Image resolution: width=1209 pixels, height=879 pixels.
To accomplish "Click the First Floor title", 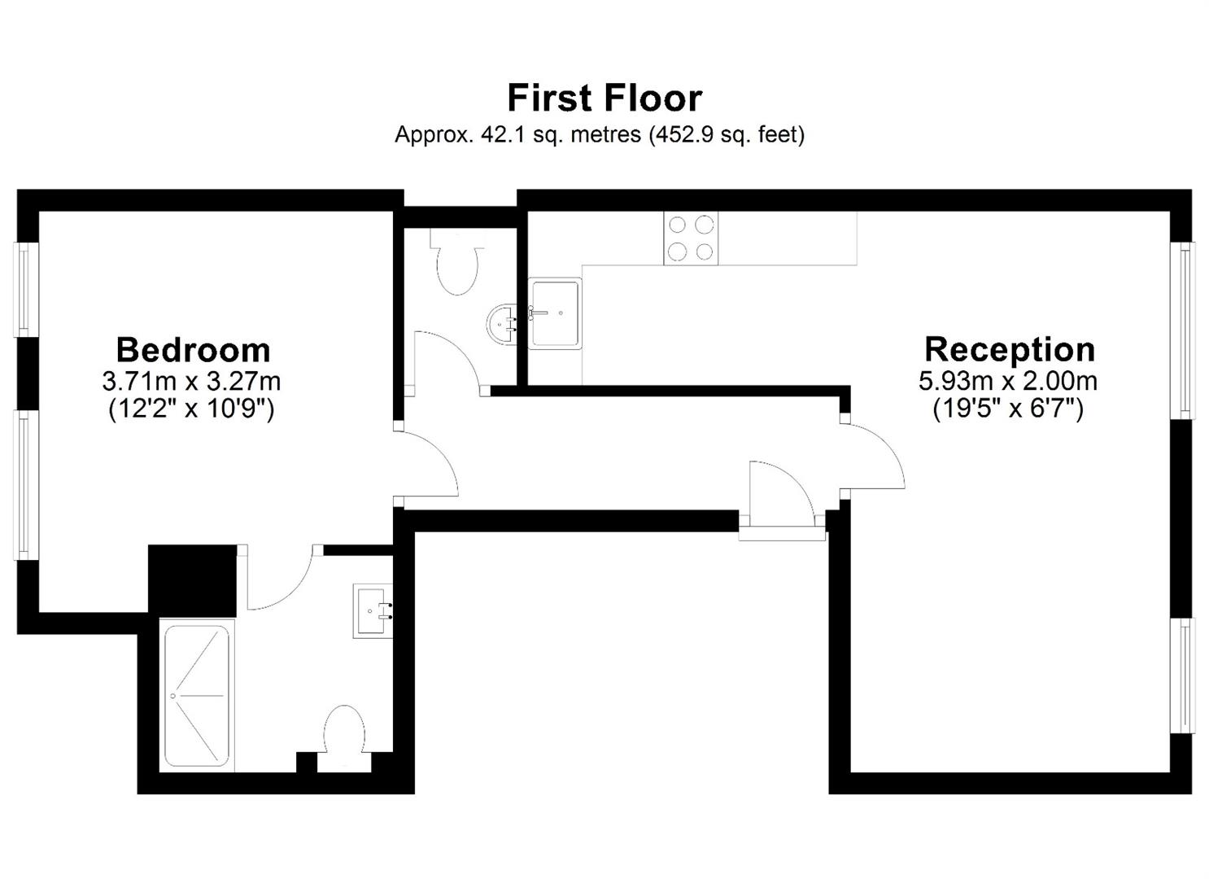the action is pos(604,98).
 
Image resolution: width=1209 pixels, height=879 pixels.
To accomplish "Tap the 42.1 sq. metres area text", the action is pos(561,134).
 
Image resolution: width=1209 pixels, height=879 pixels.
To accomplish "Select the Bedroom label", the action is pos(193,350).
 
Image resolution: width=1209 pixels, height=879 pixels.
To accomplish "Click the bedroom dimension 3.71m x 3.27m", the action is pos(192,382).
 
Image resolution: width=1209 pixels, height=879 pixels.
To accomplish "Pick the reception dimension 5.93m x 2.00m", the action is pos(1008,381).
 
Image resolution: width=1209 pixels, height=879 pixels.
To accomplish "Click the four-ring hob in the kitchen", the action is pos(691,238).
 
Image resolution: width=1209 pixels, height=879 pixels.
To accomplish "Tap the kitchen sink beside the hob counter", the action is pos(555,313).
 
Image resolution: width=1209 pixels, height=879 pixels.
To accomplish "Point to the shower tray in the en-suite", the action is pos(197,696).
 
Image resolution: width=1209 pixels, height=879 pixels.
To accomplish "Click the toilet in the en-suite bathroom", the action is pos(344,739).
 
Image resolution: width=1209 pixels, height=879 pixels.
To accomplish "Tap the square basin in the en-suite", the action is pos(373,611).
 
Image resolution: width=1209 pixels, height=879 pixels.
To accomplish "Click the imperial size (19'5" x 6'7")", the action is pos(1008,409).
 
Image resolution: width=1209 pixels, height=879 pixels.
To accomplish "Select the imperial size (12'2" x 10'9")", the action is pos(192,409).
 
